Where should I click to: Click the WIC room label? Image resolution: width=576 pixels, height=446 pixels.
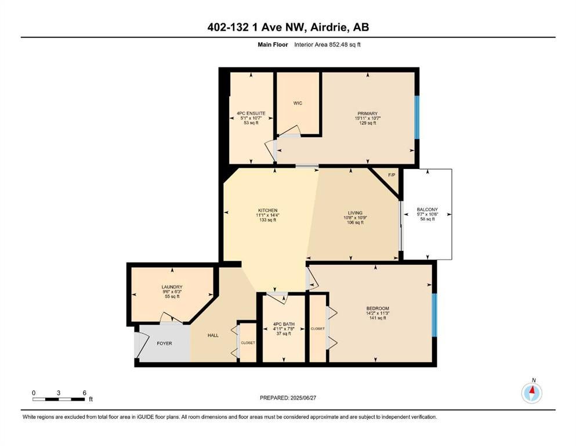(298, 103)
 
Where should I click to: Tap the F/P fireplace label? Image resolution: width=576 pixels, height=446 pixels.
(392, 175)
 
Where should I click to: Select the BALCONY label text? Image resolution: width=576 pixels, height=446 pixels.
(428, 210)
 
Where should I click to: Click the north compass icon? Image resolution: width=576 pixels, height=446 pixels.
(531, 393)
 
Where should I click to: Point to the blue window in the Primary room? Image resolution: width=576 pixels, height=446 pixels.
(417, 117)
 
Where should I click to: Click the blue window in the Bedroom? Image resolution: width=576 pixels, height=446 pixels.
(434, 315)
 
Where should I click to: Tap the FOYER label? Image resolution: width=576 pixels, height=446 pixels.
(164, 343)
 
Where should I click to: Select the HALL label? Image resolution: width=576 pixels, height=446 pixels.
(213, 335)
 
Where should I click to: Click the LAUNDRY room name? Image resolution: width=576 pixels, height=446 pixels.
(172, 287)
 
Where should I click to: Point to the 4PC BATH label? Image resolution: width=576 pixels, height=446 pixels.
(284, 324)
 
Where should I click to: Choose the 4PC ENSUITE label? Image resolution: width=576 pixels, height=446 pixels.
(251, 113)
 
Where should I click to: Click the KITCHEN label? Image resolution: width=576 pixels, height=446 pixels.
(267, 210)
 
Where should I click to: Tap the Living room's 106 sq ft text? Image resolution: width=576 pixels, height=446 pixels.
(355, 222)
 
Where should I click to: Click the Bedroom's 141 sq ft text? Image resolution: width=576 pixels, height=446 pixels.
(378, 318)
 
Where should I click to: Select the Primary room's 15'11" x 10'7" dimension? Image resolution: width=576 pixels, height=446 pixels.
(367, 118)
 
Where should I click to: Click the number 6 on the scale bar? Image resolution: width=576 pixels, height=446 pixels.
(85, 393)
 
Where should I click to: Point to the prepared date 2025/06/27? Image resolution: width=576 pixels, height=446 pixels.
(303, 398)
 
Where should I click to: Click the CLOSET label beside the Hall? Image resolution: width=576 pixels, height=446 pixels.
(248, 343)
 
